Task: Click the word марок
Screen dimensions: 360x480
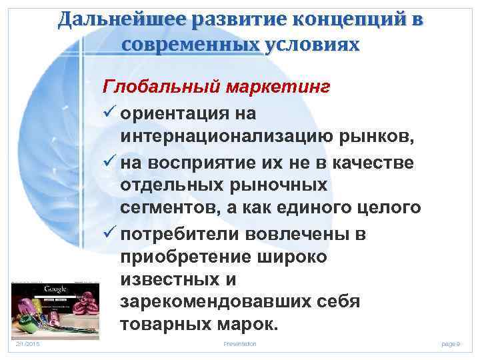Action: tap(239, 325)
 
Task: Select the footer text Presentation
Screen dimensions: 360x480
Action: tap(240, 343)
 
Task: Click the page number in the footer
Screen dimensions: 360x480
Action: tap(451, 343)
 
